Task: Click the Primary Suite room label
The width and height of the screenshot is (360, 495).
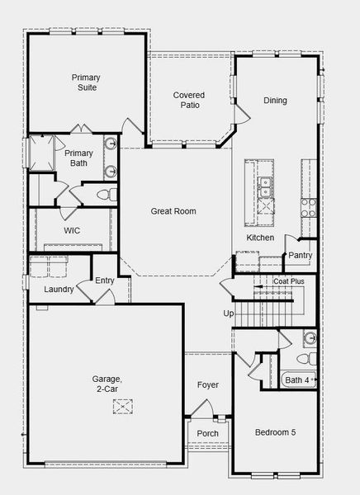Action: pos(84,81)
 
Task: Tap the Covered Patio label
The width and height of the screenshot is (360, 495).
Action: pos(188,101)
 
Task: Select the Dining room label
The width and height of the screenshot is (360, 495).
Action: pos(275,101)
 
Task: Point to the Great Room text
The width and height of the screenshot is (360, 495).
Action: pos(173,211)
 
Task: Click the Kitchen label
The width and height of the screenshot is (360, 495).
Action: pos(260,238)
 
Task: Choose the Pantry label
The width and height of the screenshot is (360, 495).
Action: pos(299,255)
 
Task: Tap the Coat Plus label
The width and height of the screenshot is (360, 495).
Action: pos(288,281)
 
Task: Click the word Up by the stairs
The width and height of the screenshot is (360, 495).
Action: pos(229,313)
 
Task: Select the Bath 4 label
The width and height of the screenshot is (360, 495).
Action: pos(298,380)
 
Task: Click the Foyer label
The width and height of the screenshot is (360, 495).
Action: pos(207,384)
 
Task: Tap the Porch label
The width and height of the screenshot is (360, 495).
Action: pos(207,434)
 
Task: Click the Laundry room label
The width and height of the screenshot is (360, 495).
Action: pos(59,290)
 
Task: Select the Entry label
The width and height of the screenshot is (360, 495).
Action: pos(105,280)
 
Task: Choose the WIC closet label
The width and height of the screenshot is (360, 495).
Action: pos(71,230)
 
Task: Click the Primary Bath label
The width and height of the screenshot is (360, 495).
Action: pos(79,158)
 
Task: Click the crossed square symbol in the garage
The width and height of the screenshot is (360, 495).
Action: pos(123,405)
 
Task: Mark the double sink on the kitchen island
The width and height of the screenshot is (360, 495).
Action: pos(264,189)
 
